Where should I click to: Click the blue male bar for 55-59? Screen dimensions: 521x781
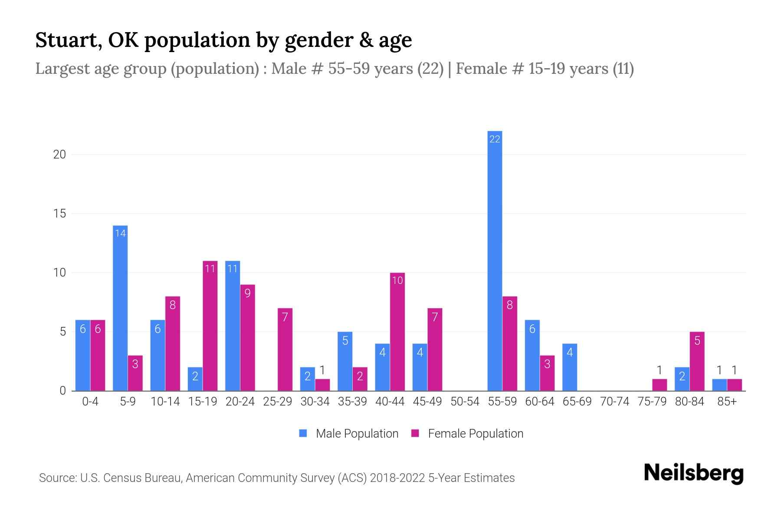click(495, 260)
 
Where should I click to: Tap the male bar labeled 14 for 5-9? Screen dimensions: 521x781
click(120, 308)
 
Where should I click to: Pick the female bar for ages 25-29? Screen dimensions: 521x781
click(285, 350)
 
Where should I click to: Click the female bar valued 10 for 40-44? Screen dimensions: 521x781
click(397, 332)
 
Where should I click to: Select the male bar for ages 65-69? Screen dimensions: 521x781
click(570, 367)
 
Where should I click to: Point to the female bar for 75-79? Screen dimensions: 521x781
click(660, 385)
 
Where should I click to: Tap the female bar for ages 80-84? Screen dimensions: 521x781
click(697, 361)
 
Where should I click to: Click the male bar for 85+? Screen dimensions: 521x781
click(719, 385)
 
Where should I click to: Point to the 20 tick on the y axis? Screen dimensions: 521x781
click(59, 155)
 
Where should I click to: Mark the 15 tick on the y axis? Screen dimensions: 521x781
click(59, 214)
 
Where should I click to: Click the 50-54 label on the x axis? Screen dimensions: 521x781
click(465, 402)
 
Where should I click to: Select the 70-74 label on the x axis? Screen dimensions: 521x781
click(614, 402)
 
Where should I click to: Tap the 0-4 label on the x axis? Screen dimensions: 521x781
click(90, 402)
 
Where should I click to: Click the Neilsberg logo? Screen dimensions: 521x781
click(693, 473)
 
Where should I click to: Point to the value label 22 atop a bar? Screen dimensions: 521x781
click(495, 139)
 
